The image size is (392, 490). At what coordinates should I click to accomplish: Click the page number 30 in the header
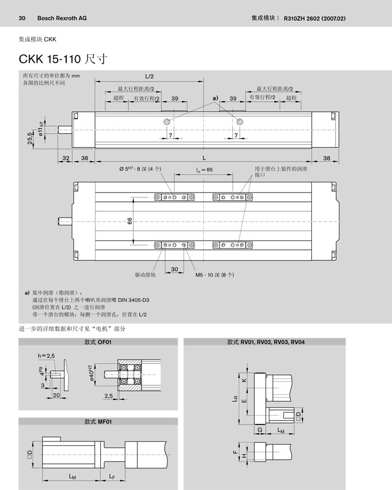pyautogui.click(x=22, y=18)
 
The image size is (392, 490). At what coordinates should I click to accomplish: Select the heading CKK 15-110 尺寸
pyautogui.click(x=63, y=58)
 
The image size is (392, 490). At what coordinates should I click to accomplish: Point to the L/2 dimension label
pyautogui.click(x=150, y=77)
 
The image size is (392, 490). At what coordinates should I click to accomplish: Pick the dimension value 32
pyautogui.click(x=66, y=158)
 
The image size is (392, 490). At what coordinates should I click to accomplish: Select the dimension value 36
pyautogui.click(x=85, y=158)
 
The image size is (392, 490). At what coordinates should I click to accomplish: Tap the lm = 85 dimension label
pyautogui.click(x=204, y=169)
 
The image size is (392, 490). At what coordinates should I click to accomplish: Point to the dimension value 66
pyautogui.click(x=129, y=221)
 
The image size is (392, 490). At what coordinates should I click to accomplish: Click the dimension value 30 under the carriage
pyautogui.click(x=174, y=269)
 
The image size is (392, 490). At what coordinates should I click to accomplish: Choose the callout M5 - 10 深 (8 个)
pyautogui.click(x=214, y=275)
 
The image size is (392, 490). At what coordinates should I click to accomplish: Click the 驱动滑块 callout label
pyautogui.click(x=145, y=275)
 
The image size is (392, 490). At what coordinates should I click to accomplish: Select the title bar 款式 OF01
pyautogui.click(x=98, y=342)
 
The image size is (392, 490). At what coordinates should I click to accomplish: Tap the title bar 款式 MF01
pyautogui.click(x=98, y=422)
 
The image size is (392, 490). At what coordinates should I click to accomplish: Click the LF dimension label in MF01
pyautogui.click(x=113, y=477)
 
